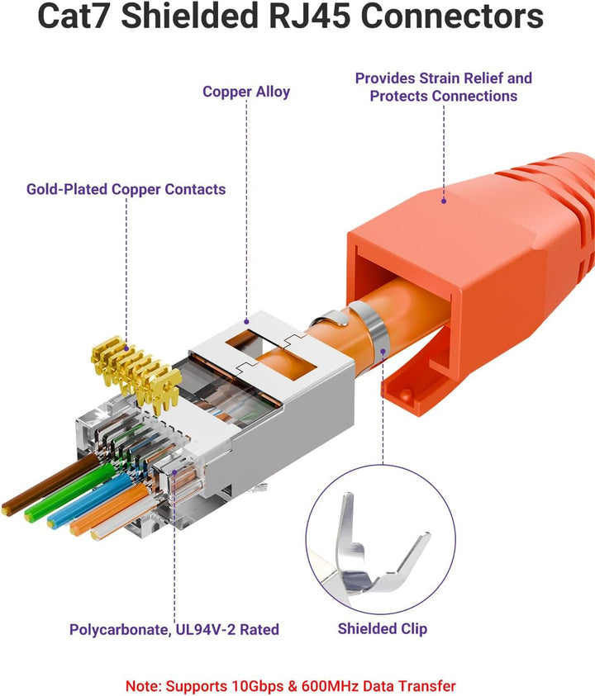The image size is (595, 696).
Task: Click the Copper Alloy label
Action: pos(246,92)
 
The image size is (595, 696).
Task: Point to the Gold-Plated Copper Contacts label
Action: pos(126,189)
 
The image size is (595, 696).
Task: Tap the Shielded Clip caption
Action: pos(382,628)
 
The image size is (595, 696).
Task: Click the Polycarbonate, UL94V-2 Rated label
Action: pos(174,629)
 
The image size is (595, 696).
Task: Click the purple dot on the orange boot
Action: pos(444,201)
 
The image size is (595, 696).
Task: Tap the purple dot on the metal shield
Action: pos(246,321)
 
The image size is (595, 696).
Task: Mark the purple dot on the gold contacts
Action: pos(126,349)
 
